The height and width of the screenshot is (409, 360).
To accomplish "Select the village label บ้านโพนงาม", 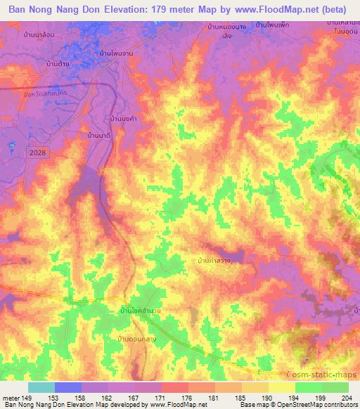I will point(116,52).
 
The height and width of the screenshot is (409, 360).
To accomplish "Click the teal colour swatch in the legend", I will point(41,387).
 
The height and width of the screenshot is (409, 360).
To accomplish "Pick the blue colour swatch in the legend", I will point(68,387).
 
